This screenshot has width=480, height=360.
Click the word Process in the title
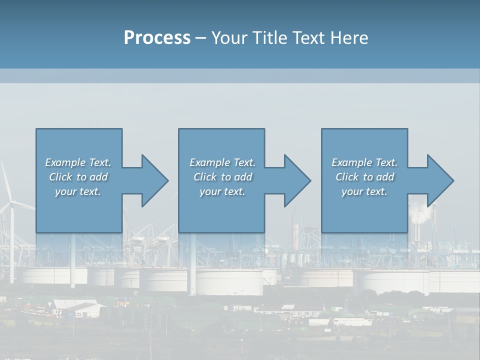[156, 38]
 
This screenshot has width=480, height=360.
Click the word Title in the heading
[269, 38]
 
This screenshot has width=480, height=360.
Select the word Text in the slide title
[308, 38]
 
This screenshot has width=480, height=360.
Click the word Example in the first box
[65, 162]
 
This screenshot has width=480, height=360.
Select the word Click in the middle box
[204, 177]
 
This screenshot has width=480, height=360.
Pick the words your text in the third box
[364, 191]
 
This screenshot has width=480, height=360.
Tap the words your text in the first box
[77, 191]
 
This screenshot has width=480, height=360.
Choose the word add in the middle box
[243, 177]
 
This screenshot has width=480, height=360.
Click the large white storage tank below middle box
[228, 282]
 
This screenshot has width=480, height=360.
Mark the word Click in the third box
[346, 177]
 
